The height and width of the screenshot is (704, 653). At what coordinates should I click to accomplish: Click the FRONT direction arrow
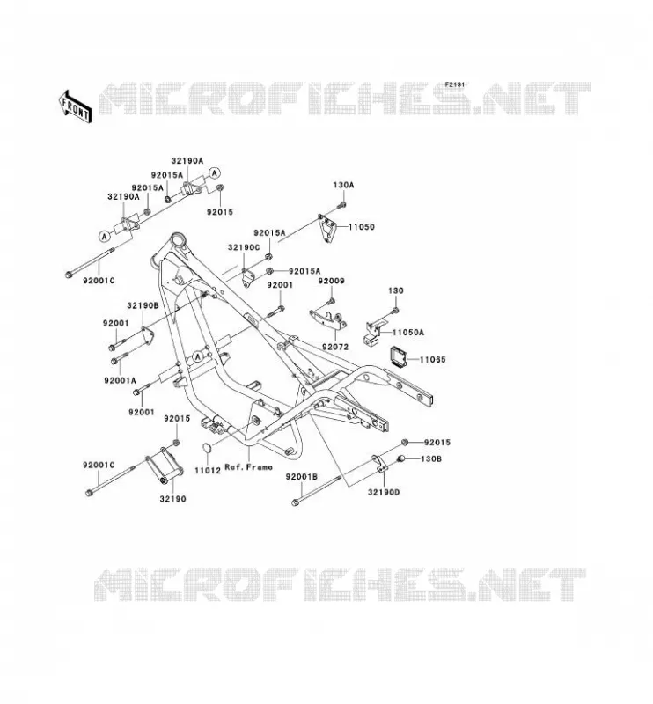coord(75,106)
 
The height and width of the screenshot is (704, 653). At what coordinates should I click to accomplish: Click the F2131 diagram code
coord(454,84)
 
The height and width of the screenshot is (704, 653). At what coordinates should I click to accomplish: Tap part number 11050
coord(362,227)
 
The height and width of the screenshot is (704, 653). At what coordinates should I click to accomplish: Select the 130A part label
coord(343,185)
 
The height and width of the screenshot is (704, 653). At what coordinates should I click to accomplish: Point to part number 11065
coord(433,359)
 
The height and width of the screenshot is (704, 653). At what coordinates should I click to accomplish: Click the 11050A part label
coord(408,333)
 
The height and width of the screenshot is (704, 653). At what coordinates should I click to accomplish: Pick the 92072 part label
coord(335,347)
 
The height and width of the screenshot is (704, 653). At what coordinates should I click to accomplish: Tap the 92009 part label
coord(332,281)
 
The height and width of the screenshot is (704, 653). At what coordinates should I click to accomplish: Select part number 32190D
coord(384,492)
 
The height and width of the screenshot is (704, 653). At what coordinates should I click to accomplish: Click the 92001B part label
coord(302,477)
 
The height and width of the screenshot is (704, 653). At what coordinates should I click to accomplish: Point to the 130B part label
coord(431,458)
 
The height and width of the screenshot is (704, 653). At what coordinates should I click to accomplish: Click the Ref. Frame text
coord(248,467)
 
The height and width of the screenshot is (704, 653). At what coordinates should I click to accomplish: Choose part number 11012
coord(208,471)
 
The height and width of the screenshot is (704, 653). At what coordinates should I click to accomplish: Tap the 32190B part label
coord(143,305)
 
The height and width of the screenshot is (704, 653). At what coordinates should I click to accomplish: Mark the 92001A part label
coord(120,380)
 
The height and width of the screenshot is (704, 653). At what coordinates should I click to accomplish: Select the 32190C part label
coord(244,247)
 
